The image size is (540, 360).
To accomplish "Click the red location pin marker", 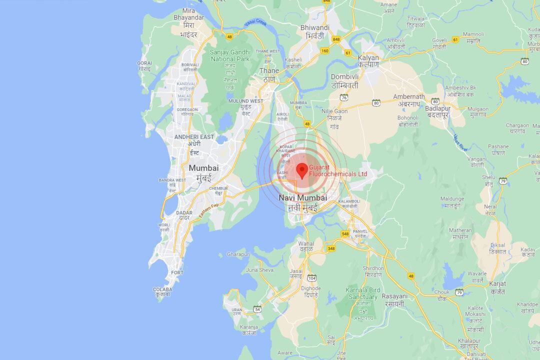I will tap(302, 170).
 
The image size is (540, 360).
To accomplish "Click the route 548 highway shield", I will tap(345, 234).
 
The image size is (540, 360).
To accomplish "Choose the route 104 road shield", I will tap(312, 277).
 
